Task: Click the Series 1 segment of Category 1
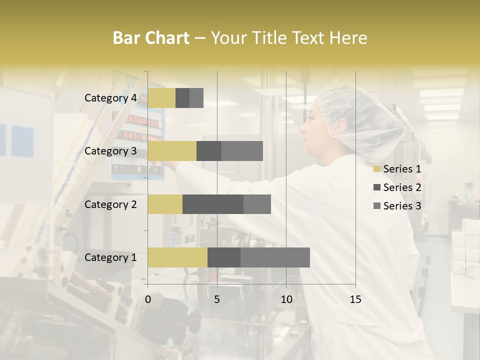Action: pyautogui.click(x=177, y=257)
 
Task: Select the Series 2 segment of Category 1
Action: pyautogui.click(x=224, y=257)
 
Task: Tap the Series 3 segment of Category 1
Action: pyautogui.click(x=275, y=257)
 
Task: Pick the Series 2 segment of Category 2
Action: pyautogui.click(x=213, y=204)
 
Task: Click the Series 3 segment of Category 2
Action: pyautogui.click(x=257, y=204)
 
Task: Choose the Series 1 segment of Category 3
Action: pyautogui.click(x=172, y=151)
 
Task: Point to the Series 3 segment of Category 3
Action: pyautogui.click(x=242, y=151)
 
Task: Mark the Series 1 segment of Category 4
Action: pyautogui.click(x=161, y=98)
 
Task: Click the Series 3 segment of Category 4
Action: pyautogui.click(x=196, y=98)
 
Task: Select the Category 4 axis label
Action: pyautogui.click(x=110, y=98)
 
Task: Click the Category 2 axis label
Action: pyautogui.click(x=110, y=204)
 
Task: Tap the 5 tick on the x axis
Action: pyautogui.click(x=217, y=299)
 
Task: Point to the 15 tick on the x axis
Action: pyautogui.click(x=355, y=299)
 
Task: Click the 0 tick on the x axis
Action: pyautogui.click(x=148, y=299)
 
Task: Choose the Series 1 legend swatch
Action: pyautogui.click(x=377, y=169)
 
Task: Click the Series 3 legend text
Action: pyautogui.click(x=402, y=206)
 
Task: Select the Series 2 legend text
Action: pyautogui.click(x=402, y=187)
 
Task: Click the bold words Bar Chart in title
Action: pyautogui.click(x=151, y=38)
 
